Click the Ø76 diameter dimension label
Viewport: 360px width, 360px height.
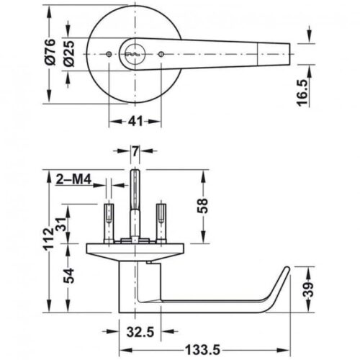tap(49, 55)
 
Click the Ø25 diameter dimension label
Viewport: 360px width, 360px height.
tap(68, 55)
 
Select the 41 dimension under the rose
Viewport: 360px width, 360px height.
tap(133, 122)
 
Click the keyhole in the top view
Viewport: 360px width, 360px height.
tap(134, 54)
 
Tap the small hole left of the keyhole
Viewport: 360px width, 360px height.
tap(107, 55)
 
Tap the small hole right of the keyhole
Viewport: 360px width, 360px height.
tap(160, 55)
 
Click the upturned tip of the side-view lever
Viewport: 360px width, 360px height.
tap(284, 273)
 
